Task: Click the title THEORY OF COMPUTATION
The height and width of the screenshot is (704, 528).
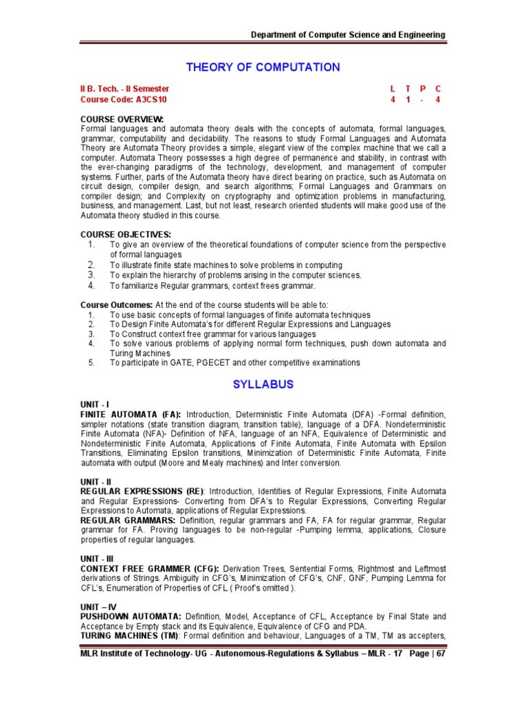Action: coord(263,67)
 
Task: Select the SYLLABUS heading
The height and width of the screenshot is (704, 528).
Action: coord(263,384)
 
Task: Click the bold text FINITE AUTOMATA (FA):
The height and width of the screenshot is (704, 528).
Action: coord(131,415)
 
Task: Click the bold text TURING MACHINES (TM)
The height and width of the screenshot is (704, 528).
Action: coord(126,636)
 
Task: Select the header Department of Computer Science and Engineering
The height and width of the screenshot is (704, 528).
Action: coord(348,35)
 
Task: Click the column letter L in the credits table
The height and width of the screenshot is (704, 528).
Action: coord(393,89)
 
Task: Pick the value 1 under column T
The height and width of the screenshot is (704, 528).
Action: coord(408,100)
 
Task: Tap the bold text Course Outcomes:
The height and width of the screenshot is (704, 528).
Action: coord(116,305)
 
